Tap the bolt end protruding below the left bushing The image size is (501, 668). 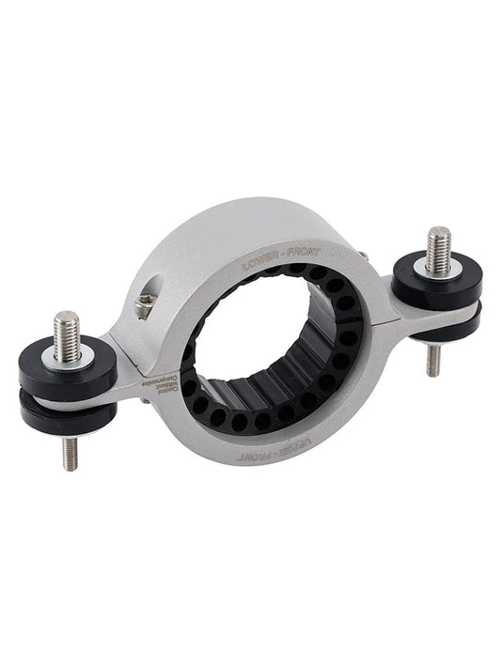[70, 453]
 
